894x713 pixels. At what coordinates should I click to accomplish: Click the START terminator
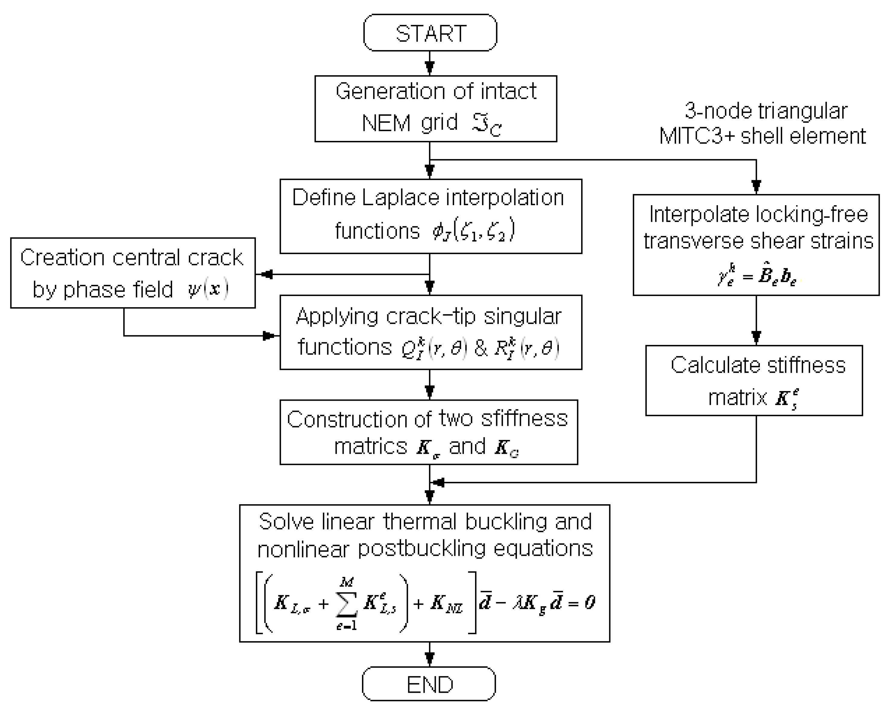pos(430,33)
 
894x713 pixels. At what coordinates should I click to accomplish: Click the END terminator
pos(429,684)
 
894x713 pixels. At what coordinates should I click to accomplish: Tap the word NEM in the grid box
pos(386,123)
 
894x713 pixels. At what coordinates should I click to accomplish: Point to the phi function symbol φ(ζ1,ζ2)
pos(473,230)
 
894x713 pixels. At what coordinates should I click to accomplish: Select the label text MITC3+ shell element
pos(762,136)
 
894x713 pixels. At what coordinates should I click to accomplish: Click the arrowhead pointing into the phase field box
pos(265,274)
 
